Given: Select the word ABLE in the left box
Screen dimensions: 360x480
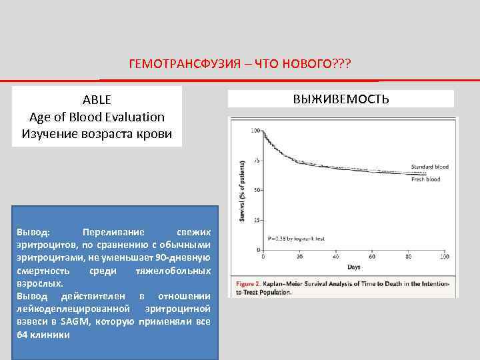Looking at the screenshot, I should click(x=97, y=100).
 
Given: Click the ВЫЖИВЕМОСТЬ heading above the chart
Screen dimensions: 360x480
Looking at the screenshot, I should click(x=341, y=99).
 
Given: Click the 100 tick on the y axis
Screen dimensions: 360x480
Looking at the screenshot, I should click(x=255, y=131).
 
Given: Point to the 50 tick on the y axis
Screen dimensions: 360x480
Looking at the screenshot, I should click(x=257, y=191).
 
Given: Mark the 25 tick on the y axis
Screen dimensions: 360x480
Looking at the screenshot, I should click(x=257, y=220).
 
